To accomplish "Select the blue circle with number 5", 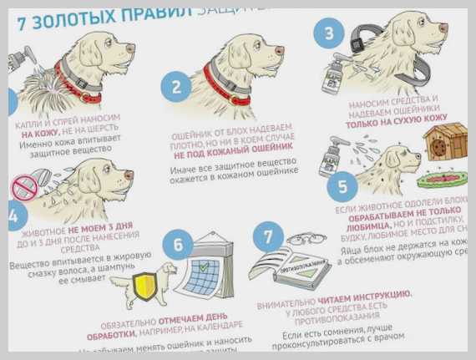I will click(x=342, y=185).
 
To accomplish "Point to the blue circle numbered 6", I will click(x=177, y=243).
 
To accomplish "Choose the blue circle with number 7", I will click(x=267, y=237).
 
